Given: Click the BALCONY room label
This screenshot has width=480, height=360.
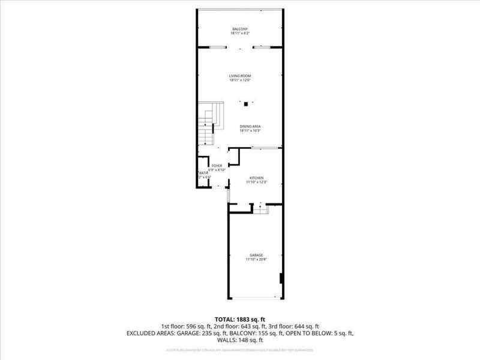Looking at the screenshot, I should [x=240, y=29].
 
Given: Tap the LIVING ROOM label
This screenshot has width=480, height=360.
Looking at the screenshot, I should [x=240, y=76].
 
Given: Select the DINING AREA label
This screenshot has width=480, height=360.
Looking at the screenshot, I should [x=250, y=126].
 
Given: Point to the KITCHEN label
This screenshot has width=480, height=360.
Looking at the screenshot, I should [x=257, y=178].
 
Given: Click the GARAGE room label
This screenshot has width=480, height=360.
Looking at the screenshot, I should [x=257, y=255].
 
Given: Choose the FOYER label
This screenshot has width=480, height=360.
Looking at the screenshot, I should [x=217, y=166].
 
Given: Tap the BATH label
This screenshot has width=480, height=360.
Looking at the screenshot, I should [x=203, y=173].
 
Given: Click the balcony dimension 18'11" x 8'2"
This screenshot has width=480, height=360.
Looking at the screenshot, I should [x=240, y=34].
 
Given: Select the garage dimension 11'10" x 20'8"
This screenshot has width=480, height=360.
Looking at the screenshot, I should [x=257, y=260].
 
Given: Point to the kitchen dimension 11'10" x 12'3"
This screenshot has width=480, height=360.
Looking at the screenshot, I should [x=257, y=182].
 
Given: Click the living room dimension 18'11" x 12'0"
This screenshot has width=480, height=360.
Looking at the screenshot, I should [x=240, y=80].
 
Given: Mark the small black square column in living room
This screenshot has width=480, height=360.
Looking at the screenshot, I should [x=245, y=104].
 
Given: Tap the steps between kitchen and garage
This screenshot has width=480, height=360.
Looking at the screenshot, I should [x=260, y=208].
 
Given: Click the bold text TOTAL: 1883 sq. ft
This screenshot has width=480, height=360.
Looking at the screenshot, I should [x=240, y=319].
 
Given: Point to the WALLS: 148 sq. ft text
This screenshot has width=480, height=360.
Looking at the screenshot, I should [x=240, y=340].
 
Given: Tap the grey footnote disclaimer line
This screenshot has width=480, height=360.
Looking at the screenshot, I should [x=240, y=349].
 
